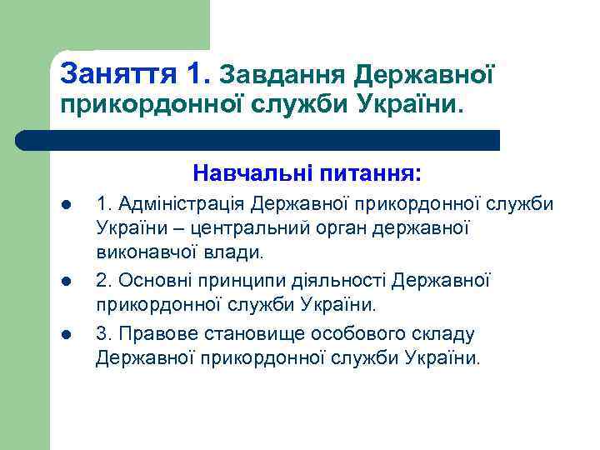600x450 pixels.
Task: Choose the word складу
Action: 443,334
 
